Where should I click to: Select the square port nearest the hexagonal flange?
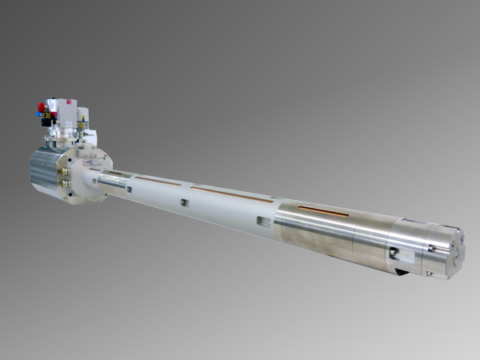[x=129, y=187]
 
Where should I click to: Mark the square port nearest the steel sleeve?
[x=262, y=221]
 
